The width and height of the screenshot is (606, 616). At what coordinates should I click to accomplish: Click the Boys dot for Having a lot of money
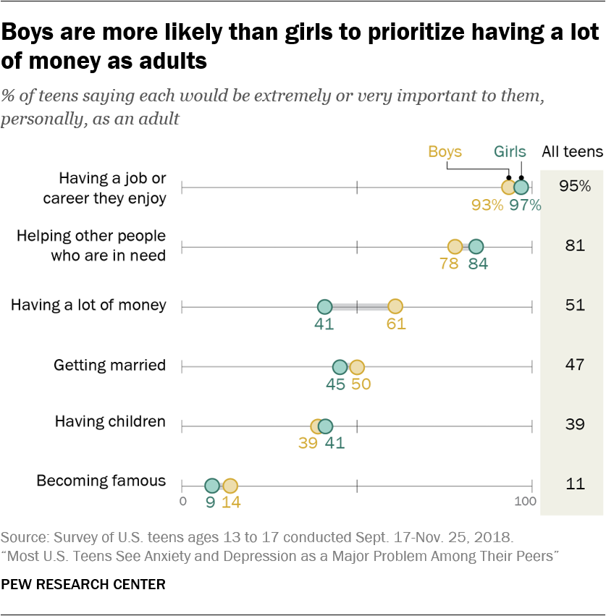(x=395, y=307)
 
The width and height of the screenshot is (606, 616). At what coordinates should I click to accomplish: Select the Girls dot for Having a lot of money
(x=324, y=307)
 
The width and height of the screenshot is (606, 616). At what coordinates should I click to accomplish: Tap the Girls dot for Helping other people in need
(x=476, y=247)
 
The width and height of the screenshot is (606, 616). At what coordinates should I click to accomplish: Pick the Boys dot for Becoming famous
(x=230, y=486)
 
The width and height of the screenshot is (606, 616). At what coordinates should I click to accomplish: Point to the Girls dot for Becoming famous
(x=211, y=486)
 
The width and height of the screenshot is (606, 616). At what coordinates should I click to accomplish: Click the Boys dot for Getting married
(x=357, y=367)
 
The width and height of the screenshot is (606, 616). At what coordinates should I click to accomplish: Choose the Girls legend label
(x=510, y=152)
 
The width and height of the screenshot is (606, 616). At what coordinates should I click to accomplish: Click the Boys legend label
(x=445, y=152)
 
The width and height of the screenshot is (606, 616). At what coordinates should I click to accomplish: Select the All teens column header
(x=572, y=152)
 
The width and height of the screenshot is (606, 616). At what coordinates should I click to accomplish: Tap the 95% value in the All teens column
(x=574, y=186)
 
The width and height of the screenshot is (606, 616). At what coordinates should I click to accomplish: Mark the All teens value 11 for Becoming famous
(x=574, y=484)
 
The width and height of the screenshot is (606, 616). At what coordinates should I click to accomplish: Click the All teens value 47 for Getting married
(x=574, y=364)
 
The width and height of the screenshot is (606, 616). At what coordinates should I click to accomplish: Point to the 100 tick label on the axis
(x=523, y=502)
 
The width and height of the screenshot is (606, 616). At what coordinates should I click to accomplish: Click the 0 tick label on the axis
(x=182, y=502)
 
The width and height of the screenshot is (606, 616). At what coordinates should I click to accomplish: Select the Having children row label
(x=110, y=421)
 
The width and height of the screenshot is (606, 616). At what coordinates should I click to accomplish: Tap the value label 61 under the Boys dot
(x=396, y=324)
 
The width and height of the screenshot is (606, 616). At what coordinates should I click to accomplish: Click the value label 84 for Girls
(x=478, y=263)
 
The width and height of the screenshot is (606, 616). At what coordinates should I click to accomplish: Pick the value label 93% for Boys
(x=487, y=205)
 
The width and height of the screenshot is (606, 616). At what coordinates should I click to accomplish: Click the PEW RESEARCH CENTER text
(x=83, y=583)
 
